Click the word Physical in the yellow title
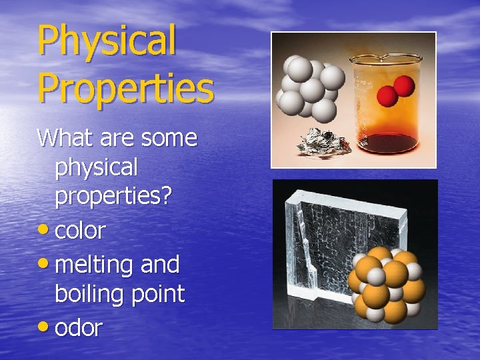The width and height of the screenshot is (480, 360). (x=107, y=42)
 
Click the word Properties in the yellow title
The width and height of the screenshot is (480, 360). (x=125, y=88)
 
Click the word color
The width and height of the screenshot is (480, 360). (x=80, y=231)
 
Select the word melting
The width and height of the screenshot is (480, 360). (x=95, y=265)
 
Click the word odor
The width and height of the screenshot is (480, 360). (x=79, y=327)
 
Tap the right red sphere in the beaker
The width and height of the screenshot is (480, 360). (x=405, y=86)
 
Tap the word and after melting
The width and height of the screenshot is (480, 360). (x=160, y=265)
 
